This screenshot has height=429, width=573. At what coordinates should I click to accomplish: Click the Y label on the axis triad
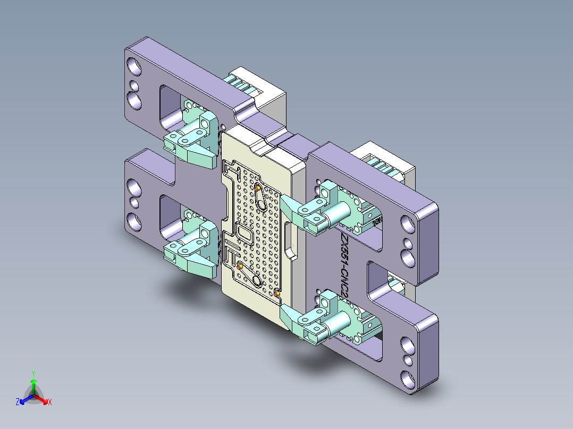(x=33, y=373)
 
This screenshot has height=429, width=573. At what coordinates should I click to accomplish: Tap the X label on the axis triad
(x=49, y=402)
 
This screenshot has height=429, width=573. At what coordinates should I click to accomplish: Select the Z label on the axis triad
(x=17, y=402)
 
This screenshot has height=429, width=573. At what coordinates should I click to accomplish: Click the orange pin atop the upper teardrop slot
(x=258, y=187)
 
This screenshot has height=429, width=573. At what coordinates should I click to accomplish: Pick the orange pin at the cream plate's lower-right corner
(x=277, y=293)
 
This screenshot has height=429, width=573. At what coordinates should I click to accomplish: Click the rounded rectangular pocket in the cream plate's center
(x=245, y=234)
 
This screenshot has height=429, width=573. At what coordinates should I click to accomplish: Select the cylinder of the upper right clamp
(x=339, y=214)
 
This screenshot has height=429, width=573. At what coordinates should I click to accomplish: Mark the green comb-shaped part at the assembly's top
(x=241, y=83)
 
